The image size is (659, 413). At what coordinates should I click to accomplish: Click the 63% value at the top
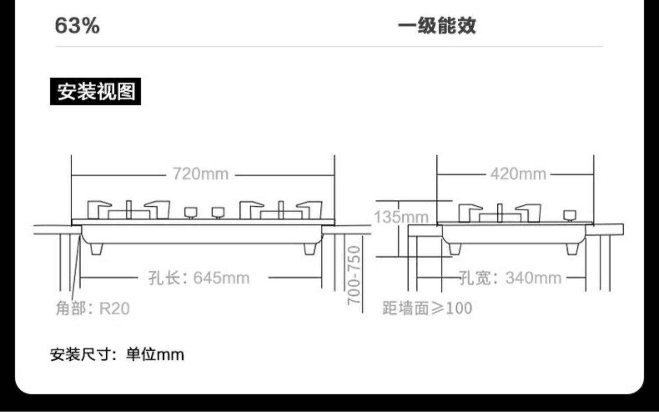(77, 25)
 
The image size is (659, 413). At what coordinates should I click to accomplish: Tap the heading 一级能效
(437, 25)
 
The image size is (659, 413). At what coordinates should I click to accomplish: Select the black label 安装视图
(95, 92)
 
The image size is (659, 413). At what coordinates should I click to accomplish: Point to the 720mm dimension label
(200, 174)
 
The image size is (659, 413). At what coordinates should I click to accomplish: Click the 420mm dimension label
(518, 174)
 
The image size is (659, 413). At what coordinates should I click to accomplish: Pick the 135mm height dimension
(401, 217)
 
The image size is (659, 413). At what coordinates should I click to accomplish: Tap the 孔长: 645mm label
(199, 278)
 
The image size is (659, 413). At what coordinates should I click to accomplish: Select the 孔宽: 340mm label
(510, 278)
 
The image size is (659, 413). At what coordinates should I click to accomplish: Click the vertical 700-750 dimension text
(354, 275)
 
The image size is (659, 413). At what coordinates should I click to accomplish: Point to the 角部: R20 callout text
(93, 308)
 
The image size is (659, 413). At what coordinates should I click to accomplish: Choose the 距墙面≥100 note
(427, 308)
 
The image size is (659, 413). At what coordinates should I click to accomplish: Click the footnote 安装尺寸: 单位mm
(117, 354)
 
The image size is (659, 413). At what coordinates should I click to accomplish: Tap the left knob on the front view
(191, 213)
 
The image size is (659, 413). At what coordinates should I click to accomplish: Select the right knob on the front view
(217, 213)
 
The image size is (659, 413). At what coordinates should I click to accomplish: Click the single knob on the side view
(570, 215)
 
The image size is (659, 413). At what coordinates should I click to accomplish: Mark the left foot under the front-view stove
(96, 249)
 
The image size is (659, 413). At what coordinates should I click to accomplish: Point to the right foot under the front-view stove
(310, 249)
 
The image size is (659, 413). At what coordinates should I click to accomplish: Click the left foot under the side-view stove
(455, 249)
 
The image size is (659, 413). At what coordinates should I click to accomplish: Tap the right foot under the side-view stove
(572, 249)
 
